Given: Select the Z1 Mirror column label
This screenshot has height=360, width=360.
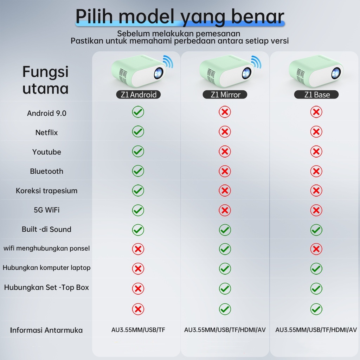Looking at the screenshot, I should click(x=225, y=95).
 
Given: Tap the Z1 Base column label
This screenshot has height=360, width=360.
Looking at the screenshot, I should click(x=316, y=95).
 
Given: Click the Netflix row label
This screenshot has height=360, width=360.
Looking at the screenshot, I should click(x=46, y=133).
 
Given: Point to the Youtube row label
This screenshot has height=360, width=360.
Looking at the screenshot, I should click(x=46, y=152).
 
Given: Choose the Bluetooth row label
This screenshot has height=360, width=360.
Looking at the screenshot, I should click(x=46, y=171).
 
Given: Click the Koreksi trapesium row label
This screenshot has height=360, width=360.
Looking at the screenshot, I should click(x=46, y=191).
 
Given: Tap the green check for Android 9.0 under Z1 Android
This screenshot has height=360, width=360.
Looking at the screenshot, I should click(x=138, y=112).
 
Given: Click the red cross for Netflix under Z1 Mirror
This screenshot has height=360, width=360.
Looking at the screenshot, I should click(x=225, y=132).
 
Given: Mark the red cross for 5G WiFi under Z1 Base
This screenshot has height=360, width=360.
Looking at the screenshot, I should click(x=316, y=210).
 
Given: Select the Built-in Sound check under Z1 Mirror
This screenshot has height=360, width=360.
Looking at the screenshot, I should click(x=225, y=230).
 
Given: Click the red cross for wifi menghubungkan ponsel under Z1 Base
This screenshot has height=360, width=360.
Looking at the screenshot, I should click(x=316, y=249).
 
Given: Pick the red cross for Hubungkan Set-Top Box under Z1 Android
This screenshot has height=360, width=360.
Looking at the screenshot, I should click(x=138, y=289).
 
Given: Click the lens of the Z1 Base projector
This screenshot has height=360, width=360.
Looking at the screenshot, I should click(x=336, y=72).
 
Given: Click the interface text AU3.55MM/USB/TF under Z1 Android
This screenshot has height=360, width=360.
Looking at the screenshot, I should click(x=138, y=330).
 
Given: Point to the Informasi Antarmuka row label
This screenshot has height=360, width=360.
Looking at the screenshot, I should click(x=46, y=330).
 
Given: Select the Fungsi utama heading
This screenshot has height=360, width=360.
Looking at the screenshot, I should click(x=45, y=80).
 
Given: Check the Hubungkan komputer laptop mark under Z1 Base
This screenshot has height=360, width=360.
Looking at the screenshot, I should click(x=316, y=269).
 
